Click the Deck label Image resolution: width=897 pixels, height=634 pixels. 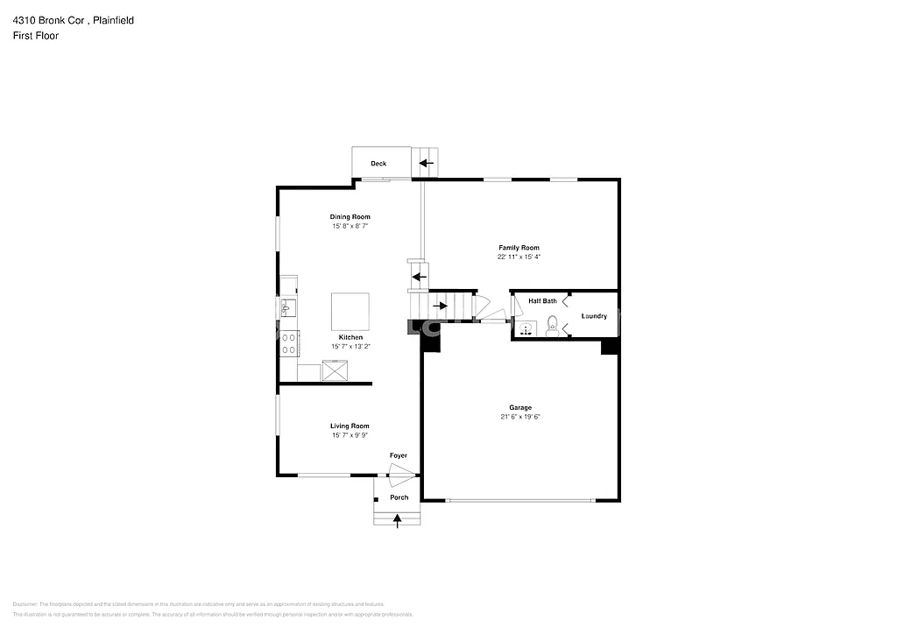pos(378,164)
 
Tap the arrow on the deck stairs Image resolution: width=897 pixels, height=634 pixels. pos(426,163)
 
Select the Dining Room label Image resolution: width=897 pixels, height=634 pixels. pos(350,216)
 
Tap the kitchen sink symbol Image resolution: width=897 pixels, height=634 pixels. pos(287,307)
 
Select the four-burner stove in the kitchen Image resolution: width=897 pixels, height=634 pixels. pos(288,342)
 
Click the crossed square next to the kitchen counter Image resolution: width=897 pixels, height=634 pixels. pos(335,371)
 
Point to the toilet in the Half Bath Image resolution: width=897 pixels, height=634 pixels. pos(552,329)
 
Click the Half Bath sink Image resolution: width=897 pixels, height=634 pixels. pos(526,329)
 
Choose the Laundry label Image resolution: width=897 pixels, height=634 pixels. pos(594,316)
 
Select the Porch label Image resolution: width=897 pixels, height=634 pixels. pos(399,497)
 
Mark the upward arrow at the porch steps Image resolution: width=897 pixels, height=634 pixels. pos(398,519)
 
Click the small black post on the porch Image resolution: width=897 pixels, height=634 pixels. pos(376,499)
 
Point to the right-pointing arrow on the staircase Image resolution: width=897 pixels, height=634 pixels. pos(441,306)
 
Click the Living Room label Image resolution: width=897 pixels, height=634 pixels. pos(350,426)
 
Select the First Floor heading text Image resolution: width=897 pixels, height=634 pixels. pos(35,36)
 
